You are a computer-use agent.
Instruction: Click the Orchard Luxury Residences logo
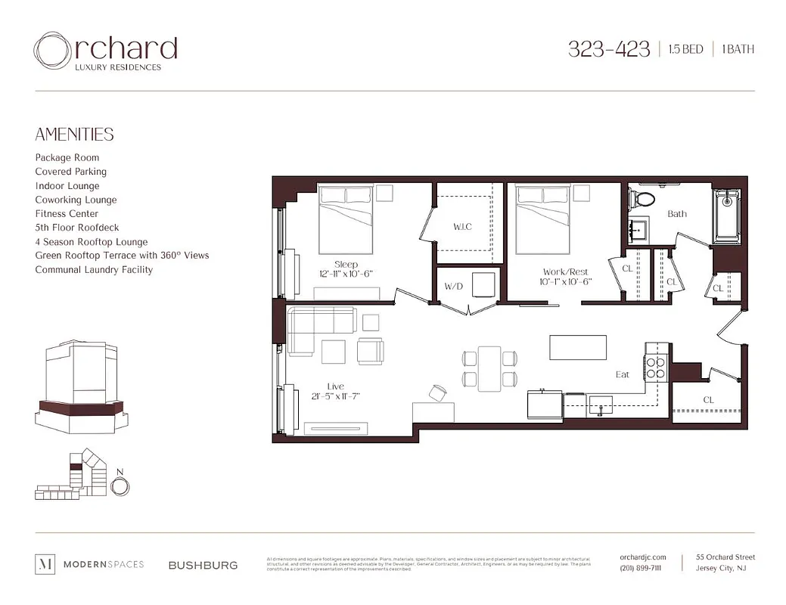tap(105, 52)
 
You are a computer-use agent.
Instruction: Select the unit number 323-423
tap(608, 50)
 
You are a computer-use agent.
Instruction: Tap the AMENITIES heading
tap(74, 135)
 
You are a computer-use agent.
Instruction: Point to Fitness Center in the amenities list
tap(67, 214)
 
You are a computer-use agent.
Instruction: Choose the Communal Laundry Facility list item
tap(94, 270)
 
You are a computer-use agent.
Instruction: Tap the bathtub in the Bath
tap(728, 214)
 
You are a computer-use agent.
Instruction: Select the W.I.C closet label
tap(462, 227)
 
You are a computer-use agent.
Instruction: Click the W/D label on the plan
tap(453, 286)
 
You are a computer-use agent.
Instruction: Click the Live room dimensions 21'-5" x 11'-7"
tap(335, 396)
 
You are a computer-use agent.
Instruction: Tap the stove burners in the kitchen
tap(654, 366)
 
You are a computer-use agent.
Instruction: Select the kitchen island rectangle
tap(578, 347)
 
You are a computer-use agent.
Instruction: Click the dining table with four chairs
tap(489, 368)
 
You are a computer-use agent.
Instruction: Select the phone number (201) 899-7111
tap(640, 569)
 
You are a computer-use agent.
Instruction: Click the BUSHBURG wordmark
tap(203, 565)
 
